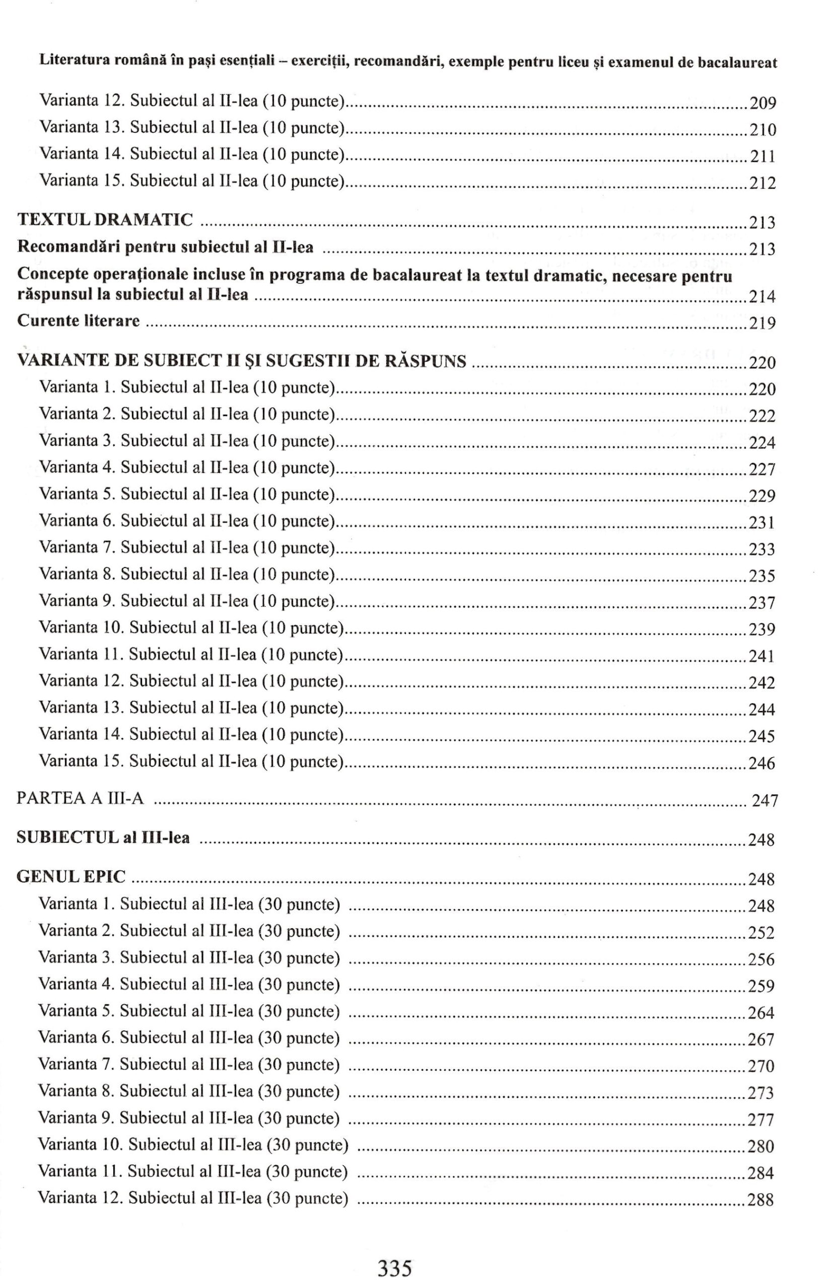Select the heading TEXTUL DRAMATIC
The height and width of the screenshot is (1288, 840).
click(x=105, y=220)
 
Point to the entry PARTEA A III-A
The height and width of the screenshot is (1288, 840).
click(x=80, y=799)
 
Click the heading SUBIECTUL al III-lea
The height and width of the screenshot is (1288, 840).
click(x=103, y=838)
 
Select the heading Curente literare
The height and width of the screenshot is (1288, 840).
click(x=79, y=321)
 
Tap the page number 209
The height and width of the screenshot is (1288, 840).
click(x=762, y=103)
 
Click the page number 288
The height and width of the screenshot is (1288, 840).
click(x=760, y=1200)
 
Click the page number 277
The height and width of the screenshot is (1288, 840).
click(x=761, y=1119)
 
